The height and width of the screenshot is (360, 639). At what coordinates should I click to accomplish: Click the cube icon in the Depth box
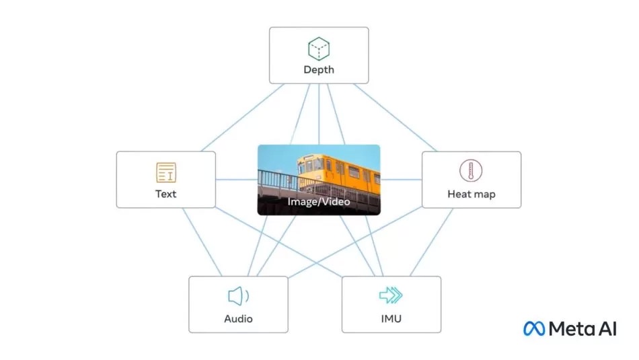click(x=318, y=48)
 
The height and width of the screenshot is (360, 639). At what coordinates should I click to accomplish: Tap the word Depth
click(x=318, y=69)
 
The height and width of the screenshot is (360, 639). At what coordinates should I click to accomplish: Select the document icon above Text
click(x=165, y=172)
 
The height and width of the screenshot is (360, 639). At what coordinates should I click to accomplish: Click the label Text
click(x=165, y=194)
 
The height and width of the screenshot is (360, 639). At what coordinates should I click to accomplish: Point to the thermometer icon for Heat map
click(x=471, y=171)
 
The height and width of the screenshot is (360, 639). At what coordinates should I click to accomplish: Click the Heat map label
click(x=471, y=194)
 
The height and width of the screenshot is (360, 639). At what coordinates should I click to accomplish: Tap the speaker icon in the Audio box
click(x=238, y=296)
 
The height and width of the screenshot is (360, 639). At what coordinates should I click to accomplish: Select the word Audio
click(x=238, y=318)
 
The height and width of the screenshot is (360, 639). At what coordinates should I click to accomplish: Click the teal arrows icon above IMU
click(x=391, y=295)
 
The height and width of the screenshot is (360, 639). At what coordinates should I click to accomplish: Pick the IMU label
click(x=391, y=318)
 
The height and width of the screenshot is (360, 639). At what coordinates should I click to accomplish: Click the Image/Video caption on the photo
click(x=318, y=201)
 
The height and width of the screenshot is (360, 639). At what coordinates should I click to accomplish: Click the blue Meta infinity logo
click(x=535, y=328)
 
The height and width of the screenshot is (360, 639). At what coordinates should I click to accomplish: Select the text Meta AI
click(x=582, y=328)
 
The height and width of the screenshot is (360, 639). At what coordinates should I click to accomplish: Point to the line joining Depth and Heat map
click(x=397, y=116)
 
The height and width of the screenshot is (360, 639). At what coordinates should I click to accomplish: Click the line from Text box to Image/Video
click(x=236, y=180)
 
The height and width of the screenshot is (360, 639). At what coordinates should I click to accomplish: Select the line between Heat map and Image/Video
click(x=401, y=180)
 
